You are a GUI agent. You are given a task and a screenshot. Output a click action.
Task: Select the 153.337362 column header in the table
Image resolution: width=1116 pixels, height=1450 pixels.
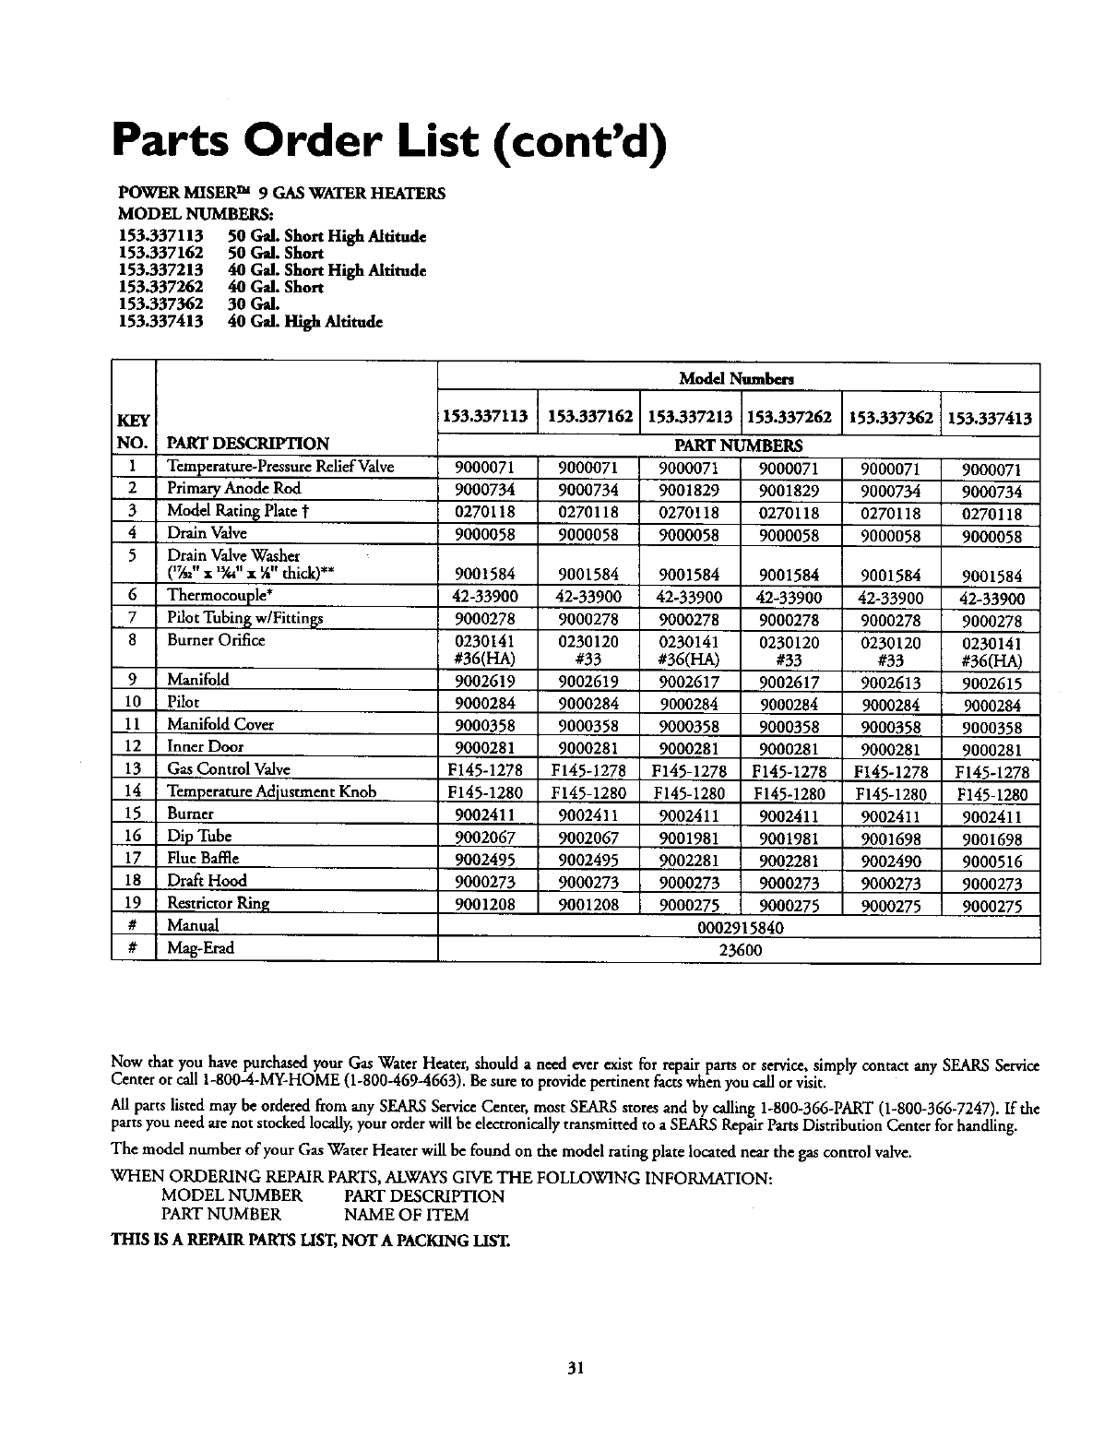click(x=891, y=418)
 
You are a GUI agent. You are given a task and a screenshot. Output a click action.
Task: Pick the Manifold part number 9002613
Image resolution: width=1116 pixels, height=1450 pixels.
click(x=891, y=683)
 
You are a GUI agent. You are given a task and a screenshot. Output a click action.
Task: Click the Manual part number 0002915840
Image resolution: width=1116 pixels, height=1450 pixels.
click(x=739, y=927)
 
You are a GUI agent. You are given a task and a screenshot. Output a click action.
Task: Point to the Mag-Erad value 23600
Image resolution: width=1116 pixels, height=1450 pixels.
click(x=739, y=949)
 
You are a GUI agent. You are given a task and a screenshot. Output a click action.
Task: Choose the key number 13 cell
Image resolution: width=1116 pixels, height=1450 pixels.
click(x=133, y=768)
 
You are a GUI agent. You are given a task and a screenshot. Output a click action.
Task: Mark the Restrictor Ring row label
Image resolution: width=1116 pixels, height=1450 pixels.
click(x=218, y=903)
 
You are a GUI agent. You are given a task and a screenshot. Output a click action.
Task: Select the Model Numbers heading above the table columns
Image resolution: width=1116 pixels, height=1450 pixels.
click(x=737, y=378)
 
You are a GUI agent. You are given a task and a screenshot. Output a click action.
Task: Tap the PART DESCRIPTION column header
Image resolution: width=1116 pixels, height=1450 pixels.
click(x=247, y=443)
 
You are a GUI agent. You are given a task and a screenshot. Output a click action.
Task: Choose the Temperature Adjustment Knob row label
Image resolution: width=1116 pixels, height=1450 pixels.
click(x=271, y=791)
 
